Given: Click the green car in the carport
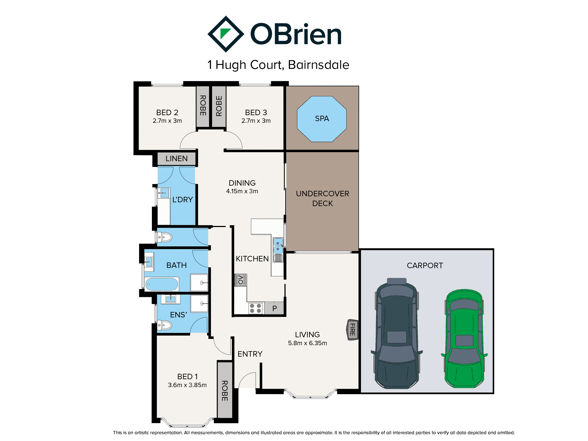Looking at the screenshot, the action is pyautogui.click(x=464, y=339).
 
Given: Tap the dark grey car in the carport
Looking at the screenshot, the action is pyautogui.click(x=397, y=333).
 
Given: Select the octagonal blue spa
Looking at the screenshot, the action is pyautogui.click(x=322, y=119).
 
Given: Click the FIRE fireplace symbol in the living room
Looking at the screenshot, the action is pyautogui.click(x=352, y=330).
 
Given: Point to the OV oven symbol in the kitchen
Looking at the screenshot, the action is pyautogui.click(x=241, y=280).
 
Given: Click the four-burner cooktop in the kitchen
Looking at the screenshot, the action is pyautogui.click(x=256, y=308).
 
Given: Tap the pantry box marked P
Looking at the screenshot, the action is pyautogui.click(x=274, y=308).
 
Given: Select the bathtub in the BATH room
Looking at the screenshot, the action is pyautogui.click(x=162, y=284).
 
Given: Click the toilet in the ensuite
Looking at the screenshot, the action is pyautogui.click(x=164, y=325).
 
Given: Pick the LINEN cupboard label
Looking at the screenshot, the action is pyautogui.click(x=176, y=158).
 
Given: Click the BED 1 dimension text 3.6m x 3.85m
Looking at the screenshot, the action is pyautogui.click(x=187, y=385).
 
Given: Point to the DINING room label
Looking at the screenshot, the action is pyautogui.click(x=242, y=183).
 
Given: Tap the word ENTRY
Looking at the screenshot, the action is pyautogui.click(x=250, y=354).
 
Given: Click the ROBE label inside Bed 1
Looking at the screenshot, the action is pyautogui.click(x=225, y=391).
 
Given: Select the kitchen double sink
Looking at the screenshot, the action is pyautogui.click(x=278, y=246).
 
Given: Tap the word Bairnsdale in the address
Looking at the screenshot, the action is pyautogui.click(x=318, y=65).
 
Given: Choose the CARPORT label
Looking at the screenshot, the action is pyautogui.click(x=425, y=265).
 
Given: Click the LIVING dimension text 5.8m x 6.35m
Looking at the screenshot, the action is pyautogui.click(x=307, y=343).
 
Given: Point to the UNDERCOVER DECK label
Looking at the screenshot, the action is pyautogui.click(x=323, y=198).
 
